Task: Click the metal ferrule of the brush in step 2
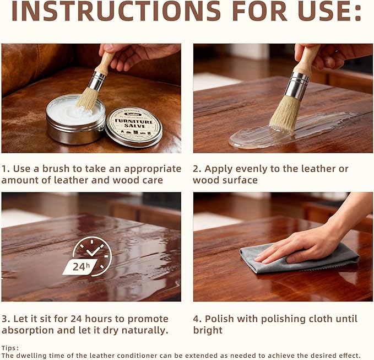298,86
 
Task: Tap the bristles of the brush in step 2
283,113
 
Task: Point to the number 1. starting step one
6,169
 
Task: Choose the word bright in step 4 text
208,330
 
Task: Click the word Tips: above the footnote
10,348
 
